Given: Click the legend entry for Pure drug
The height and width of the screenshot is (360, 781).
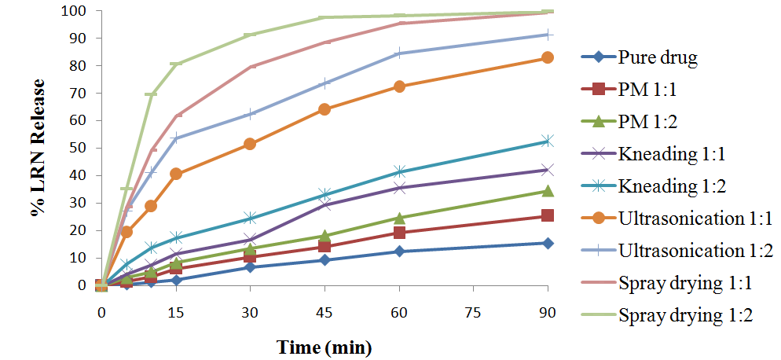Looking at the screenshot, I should point(646,57).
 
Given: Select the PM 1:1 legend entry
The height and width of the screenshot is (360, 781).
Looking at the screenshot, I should point(646,90).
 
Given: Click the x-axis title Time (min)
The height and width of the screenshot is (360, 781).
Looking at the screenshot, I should point(324,347).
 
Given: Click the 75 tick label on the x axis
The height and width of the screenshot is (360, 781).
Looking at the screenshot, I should point(473,312).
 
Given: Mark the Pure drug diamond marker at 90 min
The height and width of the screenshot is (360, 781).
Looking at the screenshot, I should point(548,243).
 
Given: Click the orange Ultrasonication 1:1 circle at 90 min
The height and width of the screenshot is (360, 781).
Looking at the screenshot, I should point(548,57).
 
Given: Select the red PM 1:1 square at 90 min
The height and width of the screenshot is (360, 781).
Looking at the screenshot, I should point(548,215).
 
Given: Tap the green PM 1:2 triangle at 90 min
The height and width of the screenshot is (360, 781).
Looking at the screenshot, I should point(548,191).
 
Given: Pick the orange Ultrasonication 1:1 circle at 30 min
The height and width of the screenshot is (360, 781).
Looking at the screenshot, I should point(250,144).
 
